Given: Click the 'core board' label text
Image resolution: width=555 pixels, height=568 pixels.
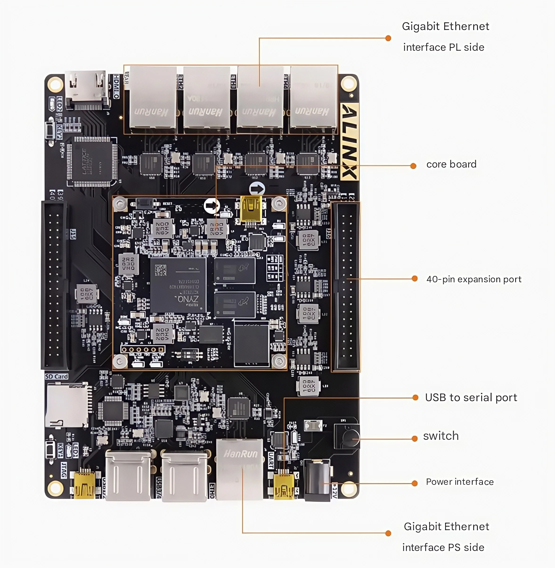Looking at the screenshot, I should click(451, 164).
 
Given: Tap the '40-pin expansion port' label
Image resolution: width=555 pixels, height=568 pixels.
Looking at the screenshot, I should click(474, 279).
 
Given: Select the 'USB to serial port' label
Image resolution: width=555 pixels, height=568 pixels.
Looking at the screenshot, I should click(471, 398).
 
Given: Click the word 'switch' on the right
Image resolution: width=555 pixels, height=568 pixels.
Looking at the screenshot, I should click(441, 436).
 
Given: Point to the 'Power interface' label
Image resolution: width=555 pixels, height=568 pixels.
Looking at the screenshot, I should click(460, 482).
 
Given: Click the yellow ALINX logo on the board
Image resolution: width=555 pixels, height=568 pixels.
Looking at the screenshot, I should click(350, 141).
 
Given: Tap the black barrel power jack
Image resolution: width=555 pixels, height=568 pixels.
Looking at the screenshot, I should click(317, 479).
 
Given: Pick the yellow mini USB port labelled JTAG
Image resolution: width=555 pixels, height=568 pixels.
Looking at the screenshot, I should click(84, 485).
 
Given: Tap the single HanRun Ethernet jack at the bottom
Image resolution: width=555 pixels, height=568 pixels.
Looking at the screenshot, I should click(240, 469).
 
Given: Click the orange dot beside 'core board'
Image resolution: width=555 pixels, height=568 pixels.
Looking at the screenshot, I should click(413, 166).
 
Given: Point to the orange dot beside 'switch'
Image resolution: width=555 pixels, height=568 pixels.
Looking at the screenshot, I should click(415, 439).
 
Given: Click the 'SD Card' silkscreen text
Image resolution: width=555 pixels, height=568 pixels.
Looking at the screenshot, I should click(57, 377).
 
